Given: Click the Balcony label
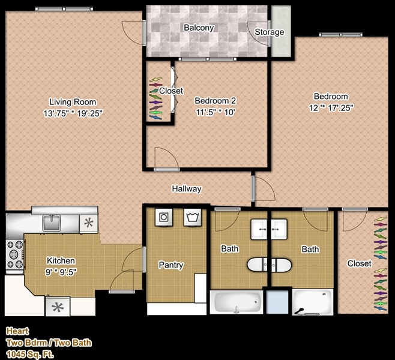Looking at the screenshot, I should tap(199, 28).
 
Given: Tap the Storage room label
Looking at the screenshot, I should tap(270, 32).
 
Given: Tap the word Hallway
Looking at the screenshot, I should tap(187, 188).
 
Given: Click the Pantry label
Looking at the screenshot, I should tap(170, 265).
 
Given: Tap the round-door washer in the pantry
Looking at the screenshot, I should tap(164, 217).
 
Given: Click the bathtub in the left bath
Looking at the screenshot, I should tap(237, 301).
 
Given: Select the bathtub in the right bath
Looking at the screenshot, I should tap(312, 302).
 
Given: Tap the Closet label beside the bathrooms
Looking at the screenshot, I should tap(359, 263).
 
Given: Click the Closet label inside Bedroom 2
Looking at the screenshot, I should tap(171, 91).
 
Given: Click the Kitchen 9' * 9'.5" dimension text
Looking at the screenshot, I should tap(61, 271).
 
